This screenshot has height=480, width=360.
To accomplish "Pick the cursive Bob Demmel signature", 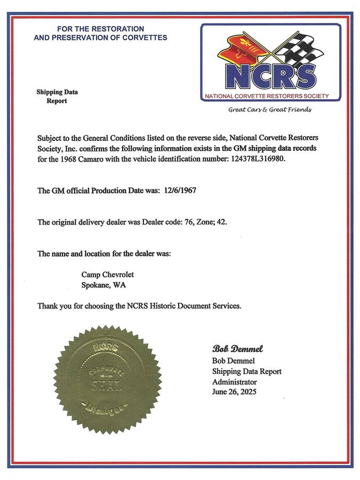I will point(237,349).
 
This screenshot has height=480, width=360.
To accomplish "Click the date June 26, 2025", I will point(234,392).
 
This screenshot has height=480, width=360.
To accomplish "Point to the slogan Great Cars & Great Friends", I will point(269,110).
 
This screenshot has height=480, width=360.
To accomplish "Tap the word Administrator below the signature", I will point(234,382).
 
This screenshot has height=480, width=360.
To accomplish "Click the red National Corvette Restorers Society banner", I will point(271,96).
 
